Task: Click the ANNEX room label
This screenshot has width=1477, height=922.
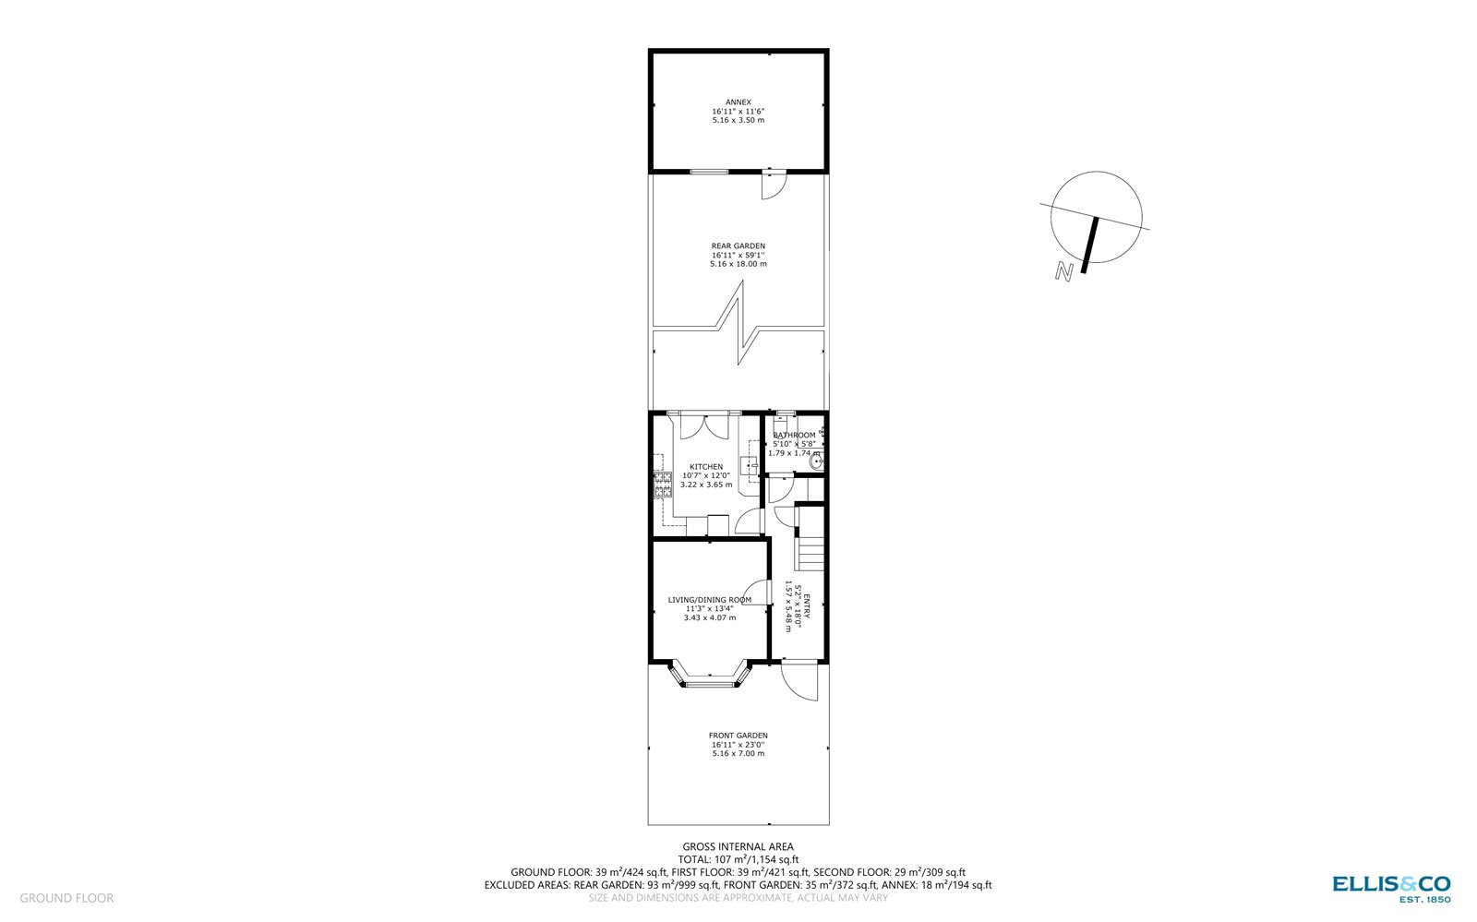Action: (x=738, y=102)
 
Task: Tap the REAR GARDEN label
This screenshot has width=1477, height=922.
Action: (x=738, y=246)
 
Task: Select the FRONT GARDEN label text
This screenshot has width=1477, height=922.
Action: (x=738, y=736)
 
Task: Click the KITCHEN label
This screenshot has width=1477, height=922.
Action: (x=706, y=467)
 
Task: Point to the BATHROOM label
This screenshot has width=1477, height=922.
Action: (x=794, y=436)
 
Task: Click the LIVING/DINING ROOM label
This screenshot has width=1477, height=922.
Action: (x=709, y=600)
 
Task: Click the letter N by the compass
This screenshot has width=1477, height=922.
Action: (x=1064, y=272)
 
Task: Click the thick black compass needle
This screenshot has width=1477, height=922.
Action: (x=1090, y=245)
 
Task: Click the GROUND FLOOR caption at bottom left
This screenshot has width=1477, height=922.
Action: (x=66, y=898)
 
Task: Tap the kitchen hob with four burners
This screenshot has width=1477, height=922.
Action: (x=662, y=485)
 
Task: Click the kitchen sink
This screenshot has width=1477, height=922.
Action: (x=749, y=464)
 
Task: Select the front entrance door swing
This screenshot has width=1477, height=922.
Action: (x=799, y=681)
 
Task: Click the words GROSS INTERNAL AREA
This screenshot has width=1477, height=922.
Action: (x=738, y=846)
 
